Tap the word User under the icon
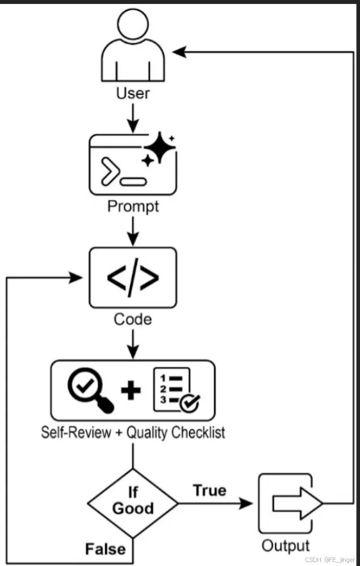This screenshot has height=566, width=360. point(133,93)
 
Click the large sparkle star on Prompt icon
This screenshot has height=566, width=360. point(159,147)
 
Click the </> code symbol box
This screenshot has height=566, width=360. point(133,277)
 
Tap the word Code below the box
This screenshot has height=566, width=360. point(133,319)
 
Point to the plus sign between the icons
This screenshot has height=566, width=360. point(131,391)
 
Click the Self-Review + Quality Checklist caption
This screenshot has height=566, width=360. point(133,432)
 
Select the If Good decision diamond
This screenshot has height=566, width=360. point(133,503)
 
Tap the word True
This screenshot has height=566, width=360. point(209,490)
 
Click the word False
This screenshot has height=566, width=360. point(105,549)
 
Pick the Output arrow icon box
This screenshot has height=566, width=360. point(287,503)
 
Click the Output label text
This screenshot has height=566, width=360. point(286,546)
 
